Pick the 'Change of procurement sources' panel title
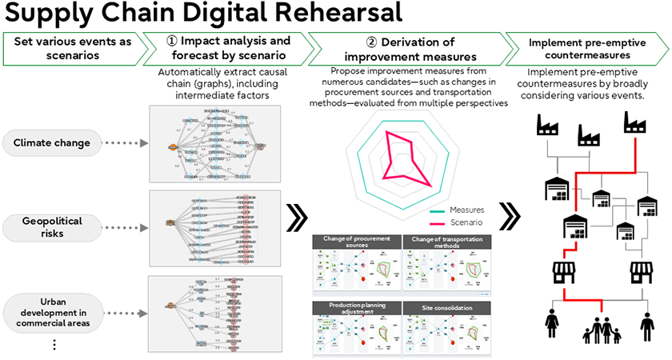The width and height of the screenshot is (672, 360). pos(356,242)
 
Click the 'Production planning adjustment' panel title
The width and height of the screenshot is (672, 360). pos(356,310)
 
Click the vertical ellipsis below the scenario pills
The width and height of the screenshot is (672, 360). pos(54,345)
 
